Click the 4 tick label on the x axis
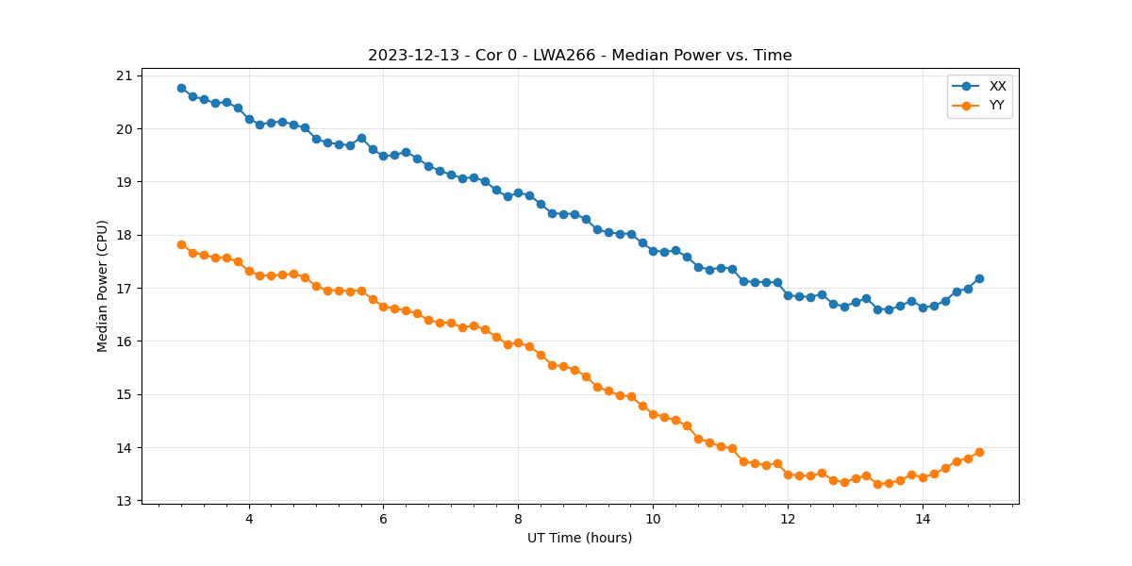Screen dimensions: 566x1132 coord(249,519)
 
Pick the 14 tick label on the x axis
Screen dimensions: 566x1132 coord(923,519)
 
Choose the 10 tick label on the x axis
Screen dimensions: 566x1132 coord(653,519)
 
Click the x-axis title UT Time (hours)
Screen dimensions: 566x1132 coord(579,538)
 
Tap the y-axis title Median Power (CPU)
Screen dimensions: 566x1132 coord(103,286)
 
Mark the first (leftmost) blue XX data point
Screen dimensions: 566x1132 coord(181,88)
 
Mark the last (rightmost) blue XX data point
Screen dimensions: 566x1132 coord(979,278)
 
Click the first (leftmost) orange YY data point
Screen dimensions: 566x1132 coord(181,244)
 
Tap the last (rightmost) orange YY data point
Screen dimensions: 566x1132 coord(979,452)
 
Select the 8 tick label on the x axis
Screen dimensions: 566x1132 coord(518,519)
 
